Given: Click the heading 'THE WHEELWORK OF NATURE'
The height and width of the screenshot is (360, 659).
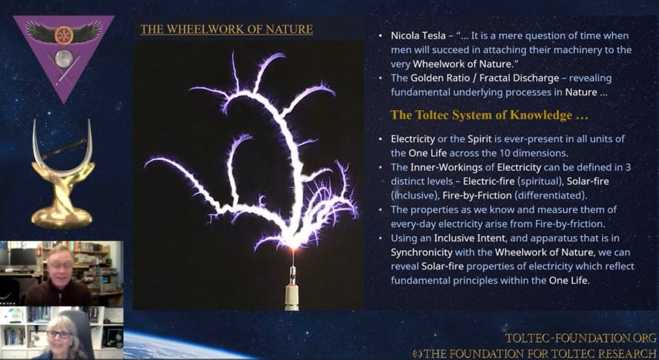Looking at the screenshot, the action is click(227, 29).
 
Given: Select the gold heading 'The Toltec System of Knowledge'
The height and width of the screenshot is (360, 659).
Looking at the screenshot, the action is click(489, 115).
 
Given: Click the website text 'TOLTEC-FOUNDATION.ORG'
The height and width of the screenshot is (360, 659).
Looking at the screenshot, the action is click(581, 338).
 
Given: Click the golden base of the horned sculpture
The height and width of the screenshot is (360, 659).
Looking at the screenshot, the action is click(62, 218).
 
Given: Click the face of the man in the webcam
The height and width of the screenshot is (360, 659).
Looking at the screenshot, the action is click(59, 266).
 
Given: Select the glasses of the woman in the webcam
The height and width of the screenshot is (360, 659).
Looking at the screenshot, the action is click(59, 335).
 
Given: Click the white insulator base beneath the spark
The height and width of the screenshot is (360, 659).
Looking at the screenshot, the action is click(291, 298).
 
